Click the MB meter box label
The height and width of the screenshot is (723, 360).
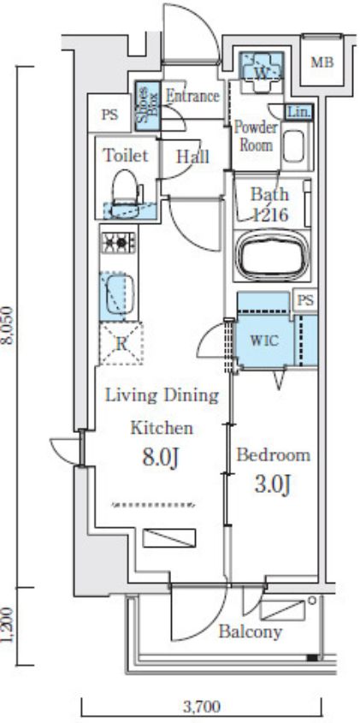point(322,62)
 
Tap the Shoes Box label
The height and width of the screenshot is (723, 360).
point(147,102)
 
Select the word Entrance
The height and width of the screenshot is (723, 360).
point(192,96)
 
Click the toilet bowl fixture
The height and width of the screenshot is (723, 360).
point(126,187)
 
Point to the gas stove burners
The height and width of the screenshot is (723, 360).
point(119,241)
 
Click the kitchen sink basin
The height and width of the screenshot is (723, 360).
point(120,293)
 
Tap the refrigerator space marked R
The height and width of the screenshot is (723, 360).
point(121,343)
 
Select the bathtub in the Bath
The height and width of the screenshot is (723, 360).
point(272,256)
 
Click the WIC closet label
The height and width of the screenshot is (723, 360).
point(264,341)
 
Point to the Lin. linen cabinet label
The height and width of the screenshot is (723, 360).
point(299,111)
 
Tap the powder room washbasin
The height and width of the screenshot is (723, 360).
point(293,146)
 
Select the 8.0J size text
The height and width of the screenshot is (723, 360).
point(161,458)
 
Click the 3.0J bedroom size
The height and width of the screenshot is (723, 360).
point(273,484)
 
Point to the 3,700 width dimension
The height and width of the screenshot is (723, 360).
point(202,707)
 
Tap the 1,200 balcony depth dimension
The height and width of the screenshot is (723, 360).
point(8,625)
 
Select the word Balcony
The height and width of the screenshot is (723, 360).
point(251,631)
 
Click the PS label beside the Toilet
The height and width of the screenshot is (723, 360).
point(109,115)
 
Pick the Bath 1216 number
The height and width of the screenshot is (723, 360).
point(270,215)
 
